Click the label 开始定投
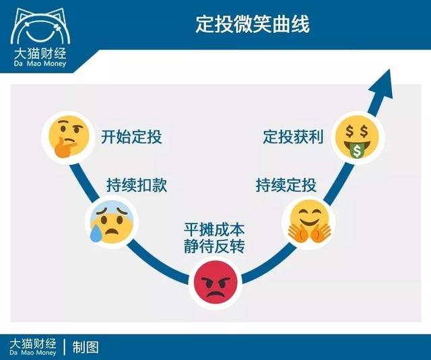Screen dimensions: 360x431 pos(132,138)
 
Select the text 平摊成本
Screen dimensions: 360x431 pos(214,229)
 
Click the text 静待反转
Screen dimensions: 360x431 pos(214,246)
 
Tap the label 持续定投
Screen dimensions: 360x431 pos(286,185)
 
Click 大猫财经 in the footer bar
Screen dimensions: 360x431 pos(34,343)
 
